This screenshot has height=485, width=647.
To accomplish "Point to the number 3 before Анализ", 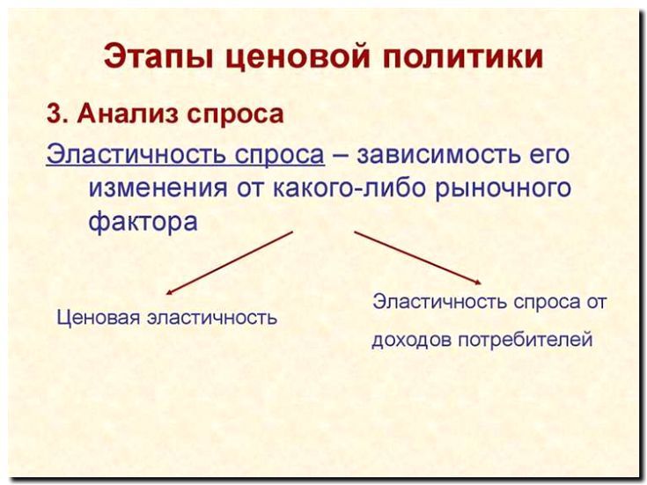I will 53,114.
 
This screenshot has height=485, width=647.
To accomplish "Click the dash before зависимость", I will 342,155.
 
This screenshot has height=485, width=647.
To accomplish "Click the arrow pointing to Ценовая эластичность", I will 230,261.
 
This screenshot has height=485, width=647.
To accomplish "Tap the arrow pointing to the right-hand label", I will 417,258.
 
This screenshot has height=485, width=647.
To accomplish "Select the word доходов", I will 411,340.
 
